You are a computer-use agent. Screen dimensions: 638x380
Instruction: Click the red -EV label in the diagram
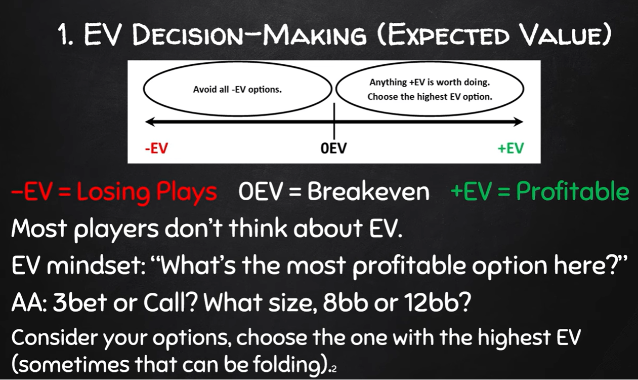[x=156, y=148]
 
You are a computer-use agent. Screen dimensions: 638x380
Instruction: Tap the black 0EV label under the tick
[x=333, y=148]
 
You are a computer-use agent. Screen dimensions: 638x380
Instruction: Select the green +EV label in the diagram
[x=511, y=148]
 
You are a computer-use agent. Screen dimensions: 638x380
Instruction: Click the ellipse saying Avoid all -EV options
[x=237, y=62]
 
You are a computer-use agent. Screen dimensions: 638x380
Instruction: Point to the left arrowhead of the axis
[x=149, y=122]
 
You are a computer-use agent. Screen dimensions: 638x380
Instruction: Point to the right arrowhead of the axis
[x=520, y=122]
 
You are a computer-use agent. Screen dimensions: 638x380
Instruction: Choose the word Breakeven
[x=368, y=192]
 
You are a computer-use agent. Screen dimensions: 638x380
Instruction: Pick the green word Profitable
[x=573, y=191]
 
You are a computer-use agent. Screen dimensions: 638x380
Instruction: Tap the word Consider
[x=54, y=337]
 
